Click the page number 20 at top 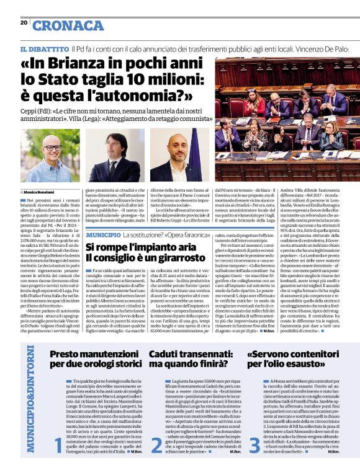pos(24,22)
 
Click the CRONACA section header pos(68,25)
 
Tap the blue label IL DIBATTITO pos(43,48)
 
